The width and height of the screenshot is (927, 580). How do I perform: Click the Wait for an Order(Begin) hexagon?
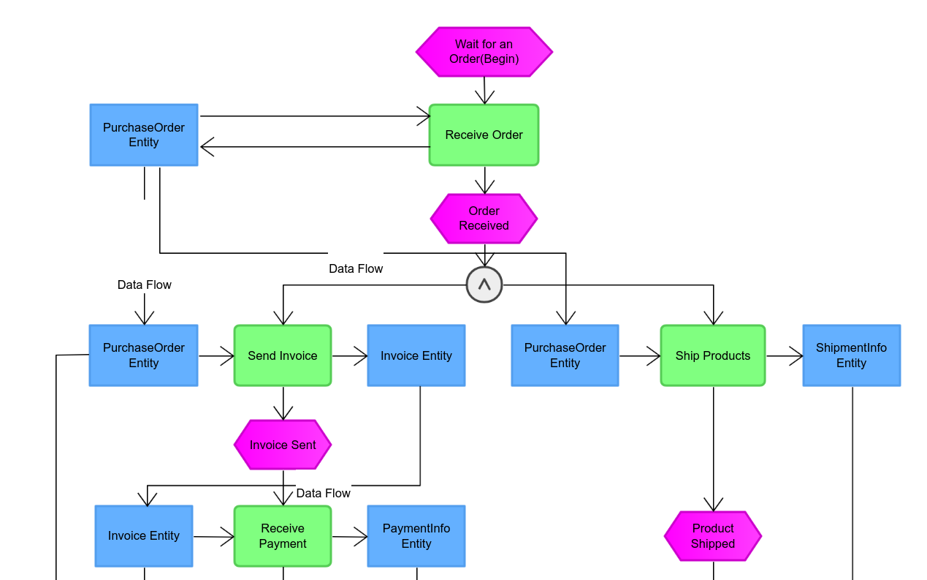pos(484,52)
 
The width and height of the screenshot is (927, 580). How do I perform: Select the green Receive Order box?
pos(484,135)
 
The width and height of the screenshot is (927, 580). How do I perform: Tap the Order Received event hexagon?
pos(484,218)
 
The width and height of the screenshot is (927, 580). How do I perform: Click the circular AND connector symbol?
pos(484,285)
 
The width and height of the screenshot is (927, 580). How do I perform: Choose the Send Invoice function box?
pos(283,355)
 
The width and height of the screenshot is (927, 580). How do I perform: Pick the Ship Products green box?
pos(712,355)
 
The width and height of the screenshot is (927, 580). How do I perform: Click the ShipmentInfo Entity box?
pos(851,355)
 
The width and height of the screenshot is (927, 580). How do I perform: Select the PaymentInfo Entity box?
pos(416,536)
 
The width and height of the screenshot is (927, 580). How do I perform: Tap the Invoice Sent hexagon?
pos(283,445)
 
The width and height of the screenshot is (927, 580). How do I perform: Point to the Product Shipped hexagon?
pos(712,536)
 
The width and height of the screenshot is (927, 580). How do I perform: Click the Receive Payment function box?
pos(283,536)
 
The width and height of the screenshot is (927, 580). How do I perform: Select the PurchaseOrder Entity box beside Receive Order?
pos(144,135)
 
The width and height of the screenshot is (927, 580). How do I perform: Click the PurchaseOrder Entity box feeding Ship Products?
pos(565,355)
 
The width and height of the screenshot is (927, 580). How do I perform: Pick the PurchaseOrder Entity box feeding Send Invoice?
pos(143,355)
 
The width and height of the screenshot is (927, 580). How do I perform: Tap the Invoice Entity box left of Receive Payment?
pos(144,536)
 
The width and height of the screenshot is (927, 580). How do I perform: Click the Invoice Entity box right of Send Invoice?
pos(416,355)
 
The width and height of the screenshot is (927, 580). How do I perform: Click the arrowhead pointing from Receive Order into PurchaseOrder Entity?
pos(207,147)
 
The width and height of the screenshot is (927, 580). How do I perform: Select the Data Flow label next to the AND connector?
pos(356,268)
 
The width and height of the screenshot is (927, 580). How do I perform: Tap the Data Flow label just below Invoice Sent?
pos(323,493)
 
